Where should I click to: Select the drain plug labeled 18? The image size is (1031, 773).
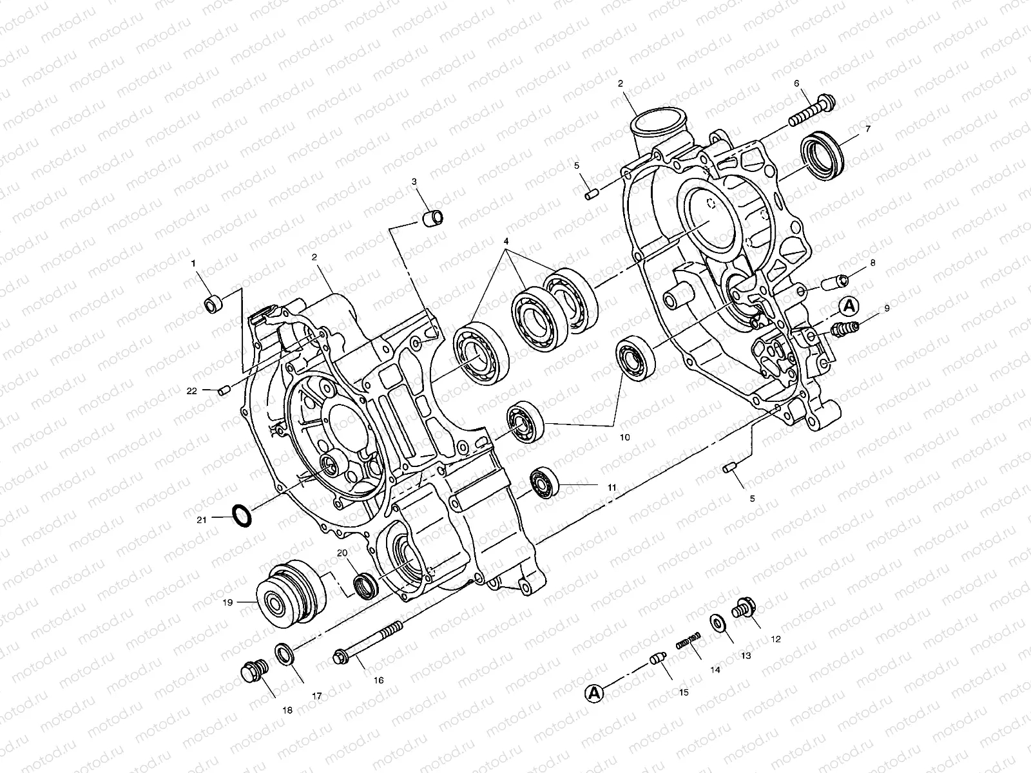point(253,673)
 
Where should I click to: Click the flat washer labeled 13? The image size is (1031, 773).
point(717,624)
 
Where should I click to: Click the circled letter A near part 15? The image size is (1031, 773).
point(594,693)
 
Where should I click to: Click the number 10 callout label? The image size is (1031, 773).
point(624,437)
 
